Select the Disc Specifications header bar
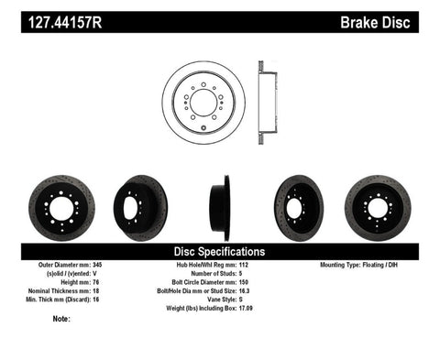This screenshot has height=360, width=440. click(220, 250)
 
